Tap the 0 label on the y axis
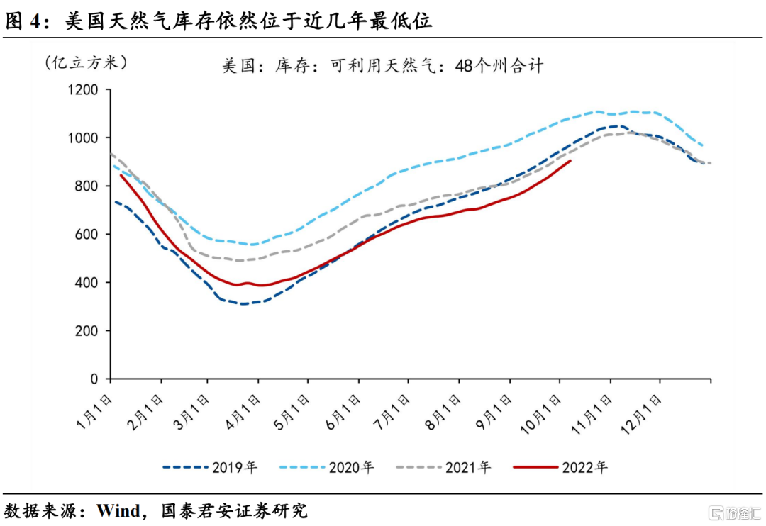coord(94,379)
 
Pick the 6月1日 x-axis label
coord(345,410)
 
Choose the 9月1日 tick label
coord(494,410)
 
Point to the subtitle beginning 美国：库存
coord(382,67)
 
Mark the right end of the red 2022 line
coord(571,160)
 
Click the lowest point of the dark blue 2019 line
coord(243,304)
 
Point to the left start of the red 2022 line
coord(121,174)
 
